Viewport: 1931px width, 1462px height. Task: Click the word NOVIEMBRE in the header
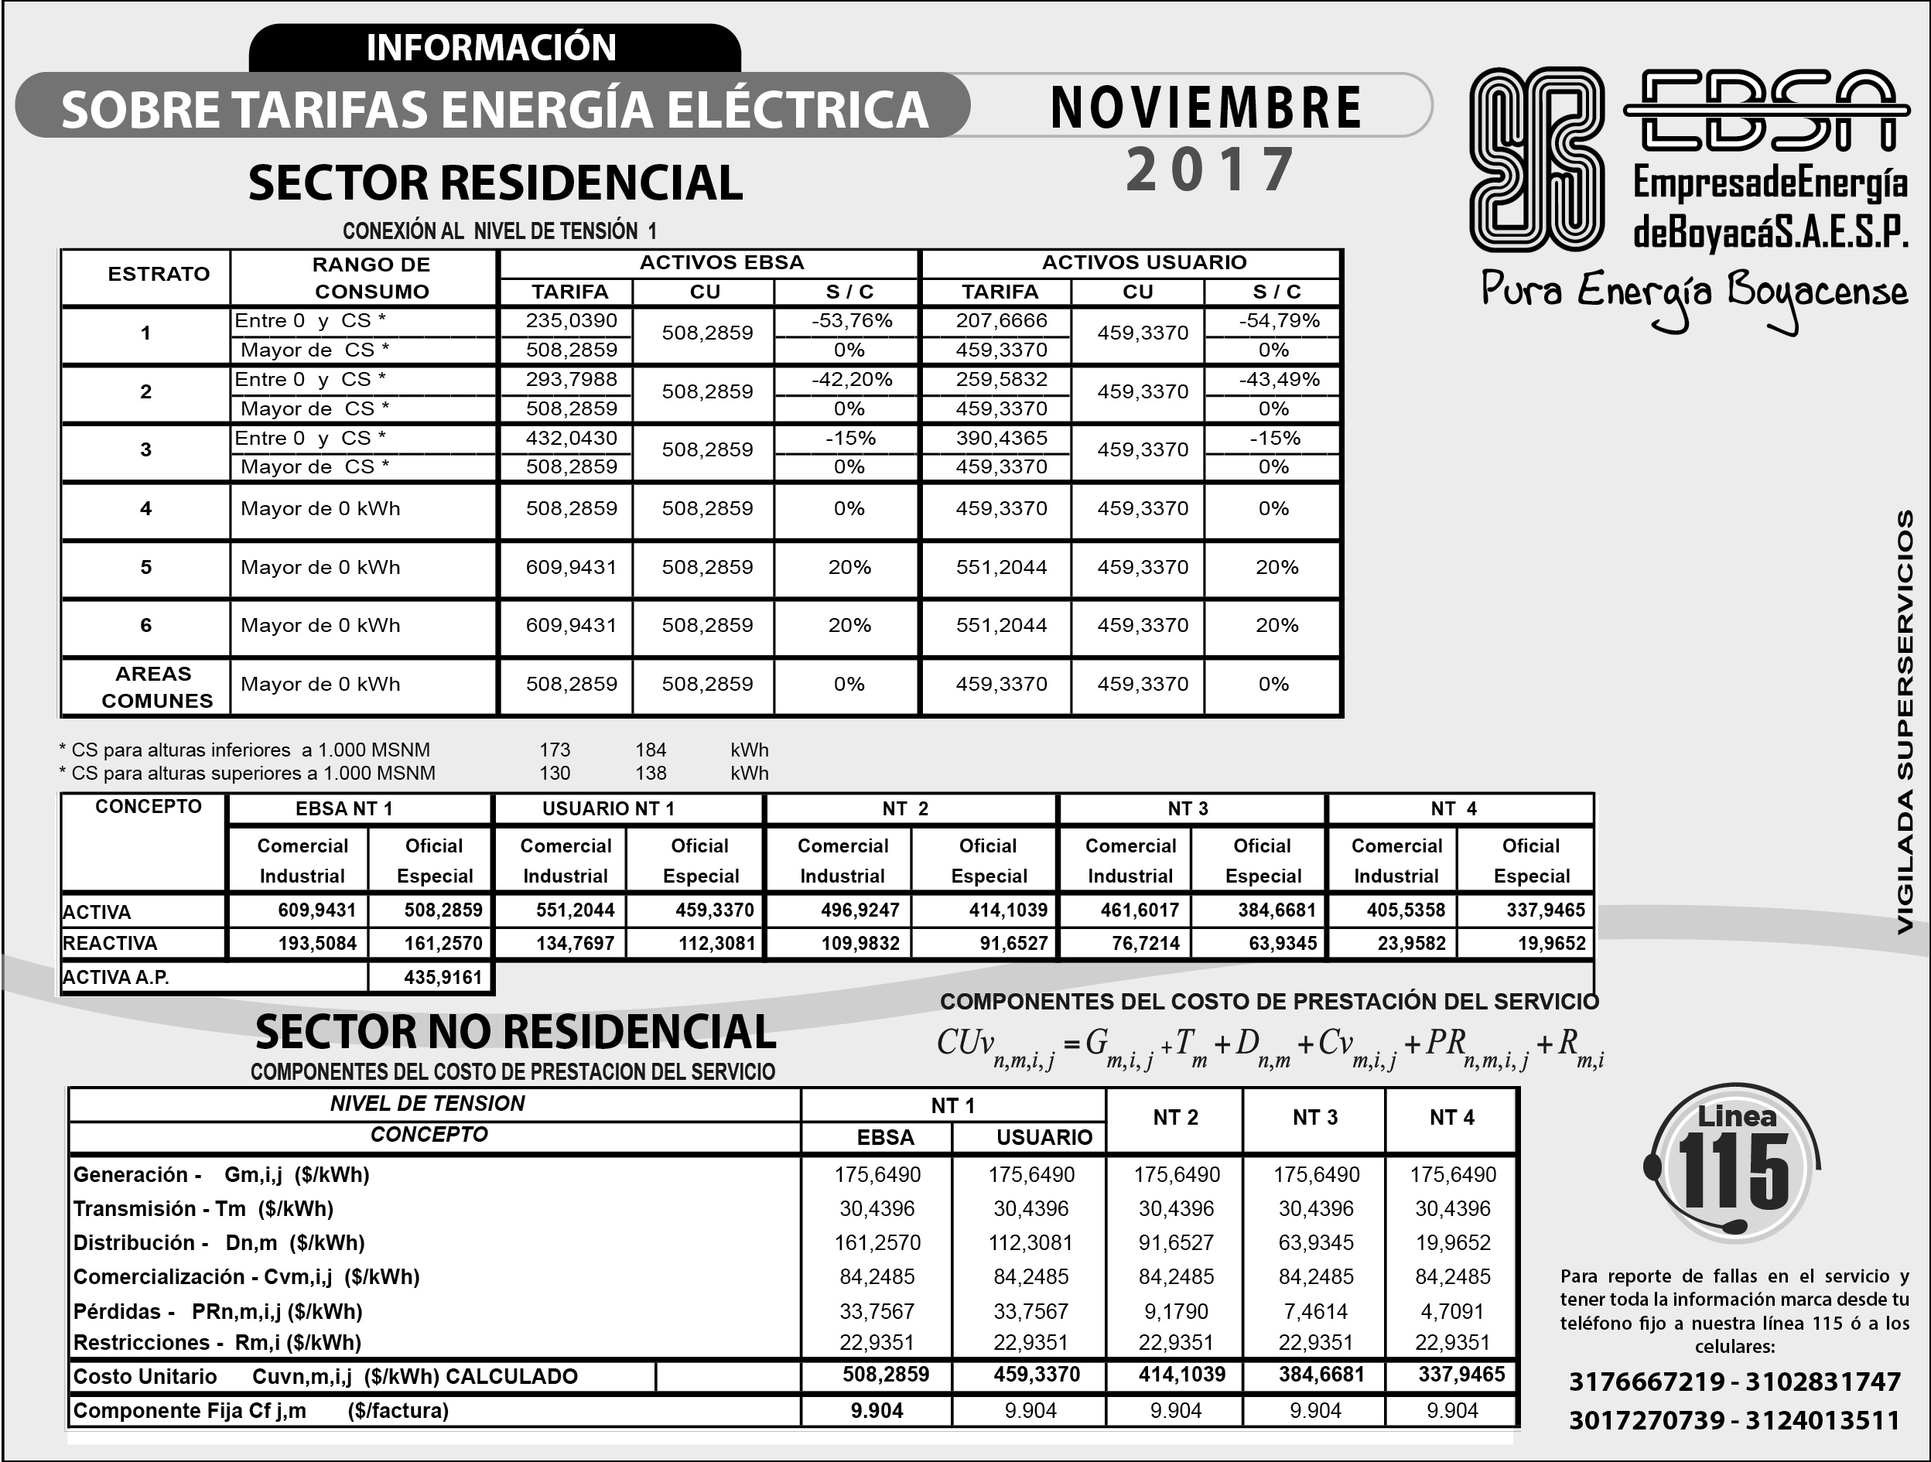[x=1205, y=108]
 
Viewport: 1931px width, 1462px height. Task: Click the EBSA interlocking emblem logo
[x=1536, y=159]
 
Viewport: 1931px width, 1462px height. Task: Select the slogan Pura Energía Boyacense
[x=1693, y=293]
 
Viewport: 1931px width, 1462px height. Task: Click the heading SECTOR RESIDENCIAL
[x=495, y=183]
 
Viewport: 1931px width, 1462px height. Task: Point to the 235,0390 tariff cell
[x=571, y=320]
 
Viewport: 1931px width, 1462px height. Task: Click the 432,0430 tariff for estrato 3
[x=571, y=438]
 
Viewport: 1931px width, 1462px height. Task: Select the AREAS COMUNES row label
[x=156, y=687]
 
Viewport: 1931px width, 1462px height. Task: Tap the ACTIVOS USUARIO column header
[x=1143, y=262]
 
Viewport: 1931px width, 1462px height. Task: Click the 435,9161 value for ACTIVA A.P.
[x=443, y=978]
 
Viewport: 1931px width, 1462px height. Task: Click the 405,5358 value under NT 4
[x=1406, y=910]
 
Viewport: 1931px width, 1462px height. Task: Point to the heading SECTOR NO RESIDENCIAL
[x=515, y=1032]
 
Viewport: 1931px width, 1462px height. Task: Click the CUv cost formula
[x=1270, y=1046]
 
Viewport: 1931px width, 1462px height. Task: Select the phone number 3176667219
[x=1646, y=1382]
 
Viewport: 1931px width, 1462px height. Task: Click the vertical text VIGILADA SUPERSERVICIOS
[x=1905, y=722]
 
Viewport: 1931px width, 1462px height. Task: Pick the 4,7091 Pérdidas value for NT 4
[x=1452, y=1311]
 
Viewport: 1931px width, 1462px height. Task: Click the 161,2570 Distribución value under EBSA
[x=877, y=1242]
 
